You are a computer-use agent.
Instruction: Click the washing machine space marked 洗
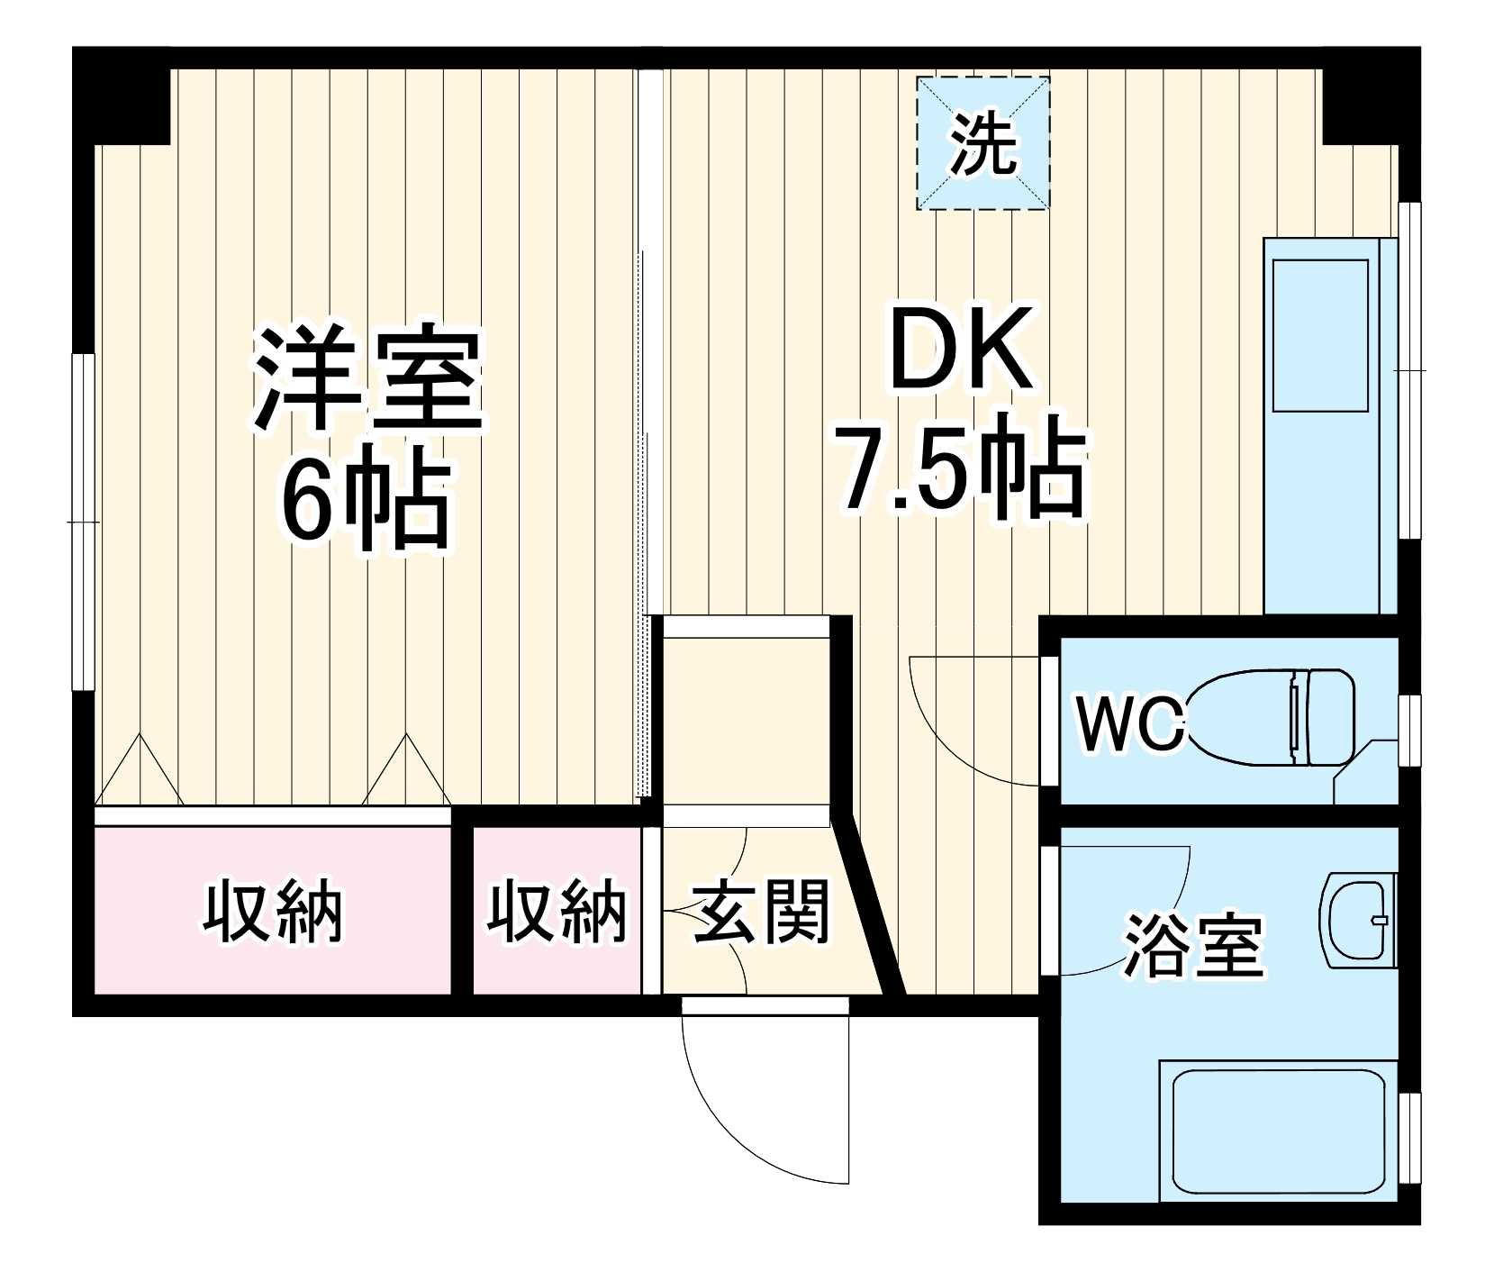point(982,143)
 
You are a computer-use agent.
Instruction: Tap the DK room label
point(961,351)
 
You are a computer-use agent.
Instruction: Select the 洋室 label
point(368,378)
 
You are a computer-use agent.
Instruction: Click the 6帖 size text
point(365,504)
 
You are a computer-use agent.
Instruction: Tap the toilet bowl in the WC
point(1270,717)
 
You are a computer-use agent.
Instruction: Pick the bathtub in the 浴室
point(1278,1130)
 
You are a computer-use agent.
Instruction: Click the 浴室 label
point(1193,945)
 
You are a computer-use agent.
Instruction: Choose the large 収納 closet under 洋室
point(272,912)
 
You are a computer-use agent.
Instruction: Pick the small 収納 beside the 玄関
point(557,912)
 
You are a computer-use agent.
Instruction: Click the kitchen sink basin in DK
point(1320,335)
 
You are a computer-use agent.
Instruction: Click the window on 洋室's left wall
point(83,522)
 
